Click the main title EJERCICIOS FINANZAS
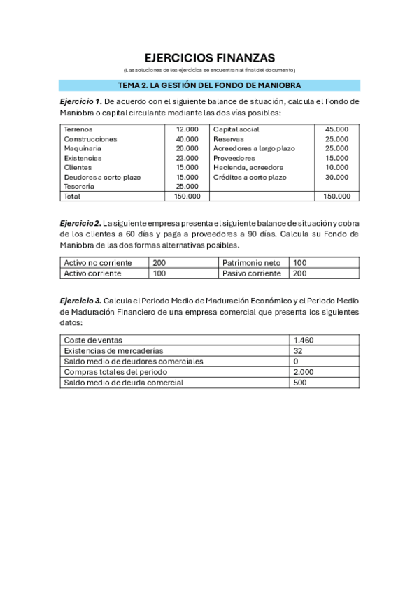(209, 58)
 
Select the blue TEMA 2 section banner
(209, 85)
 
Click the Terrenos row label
(78, 129)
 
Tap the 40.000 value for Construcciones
(187, 139)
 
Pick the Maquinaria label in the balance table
(83, 148)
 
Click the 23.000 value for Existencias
(187, 158)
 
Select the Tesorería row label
(80, 187)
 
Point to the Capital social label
(236, 129)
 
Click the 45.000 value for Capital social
(336, 129)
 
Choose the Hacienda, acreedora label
(248, 168)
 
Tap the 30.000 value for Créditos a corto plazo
(336, 177)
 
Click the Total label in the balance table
(72, 197)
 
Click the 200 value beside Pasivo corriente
(300, 273)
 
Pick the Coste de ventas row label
(93, 340)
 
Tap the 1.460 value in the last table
(304, 340)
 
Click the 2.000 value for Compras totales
(304, 372)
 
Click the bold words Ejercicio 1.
(80, 101)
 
